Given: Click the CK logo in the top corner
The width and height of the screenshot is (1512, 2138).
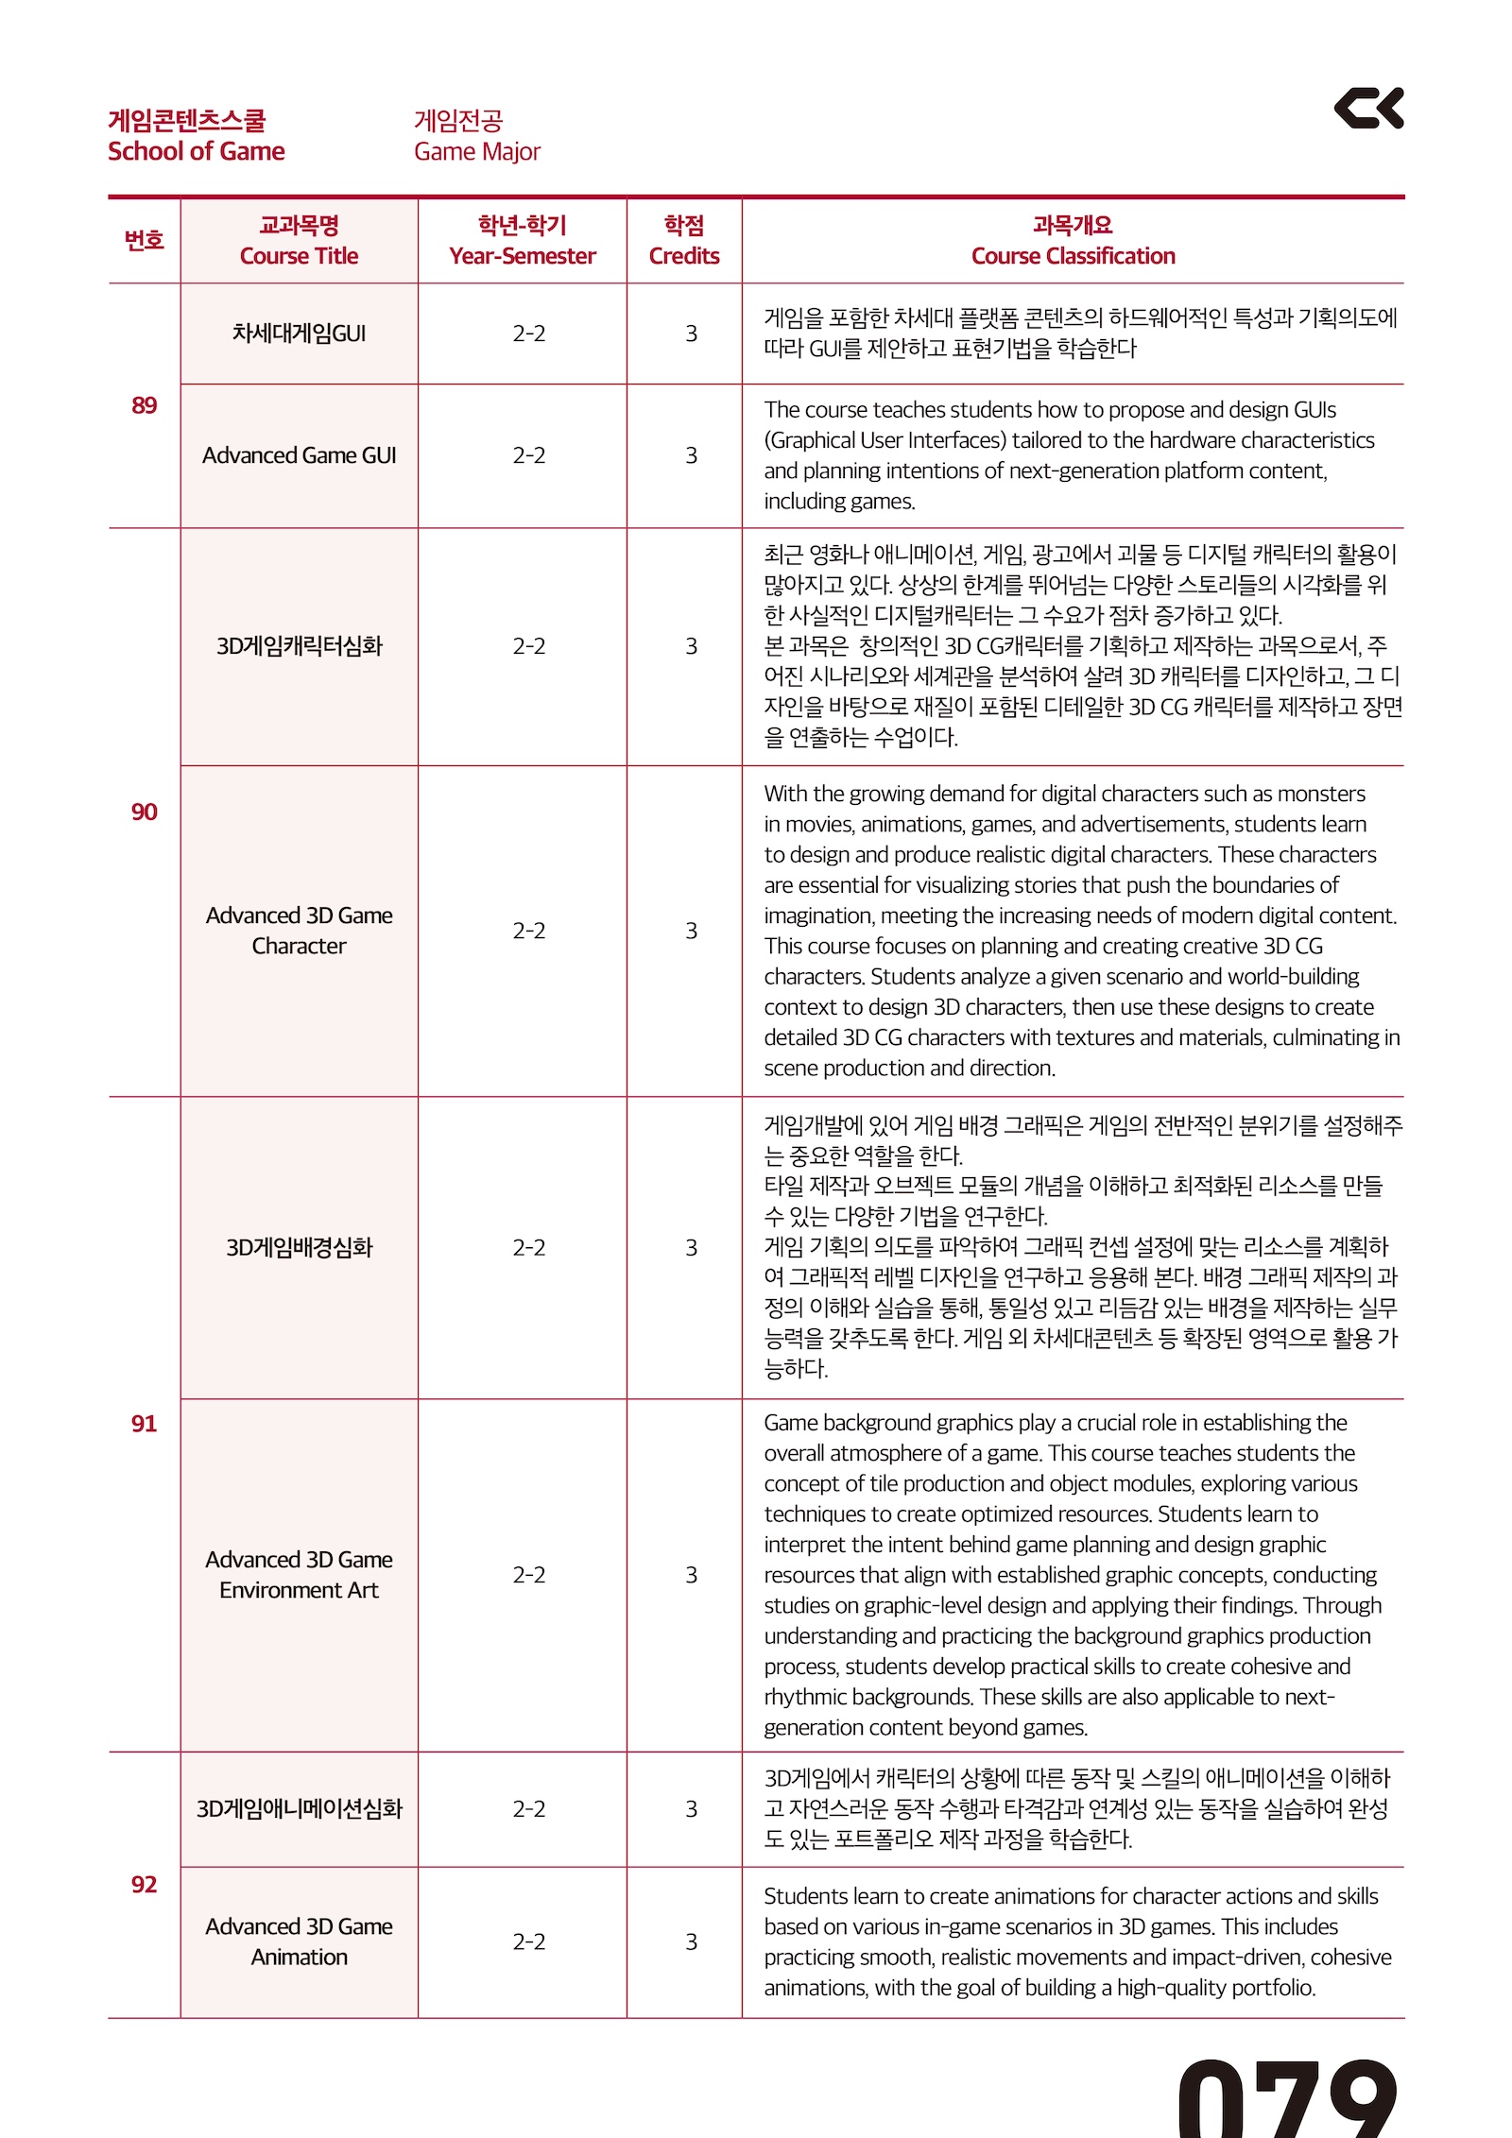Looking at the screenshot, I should (1367, 109).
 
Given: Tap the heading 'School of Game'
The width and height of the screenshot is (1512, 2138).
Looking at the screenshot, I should (196, 151).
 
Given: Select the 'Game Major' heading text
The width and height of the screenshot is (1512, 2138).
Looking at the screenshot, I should (476, 151).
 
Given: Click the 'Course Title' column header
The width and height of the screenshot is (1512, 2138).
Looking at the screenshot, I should (299, 256).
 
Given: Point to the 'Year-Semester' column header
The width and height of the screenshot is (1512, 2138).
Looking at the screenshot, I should (522, 256).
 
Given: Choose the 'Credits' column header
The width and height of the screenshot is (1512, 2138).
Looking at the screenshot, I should (683, 256).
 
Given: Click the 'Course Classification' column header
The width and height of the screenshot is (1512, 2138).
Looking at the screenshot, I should (1073, 256).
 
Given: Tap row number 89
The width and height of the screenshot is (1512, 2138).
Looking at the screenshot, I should (144, 405).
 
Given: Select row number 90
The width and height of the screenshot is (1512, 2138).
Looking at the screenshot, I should (144, 812).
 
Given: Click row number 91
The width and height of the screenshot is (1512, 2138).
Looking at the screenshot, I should (144, 1423).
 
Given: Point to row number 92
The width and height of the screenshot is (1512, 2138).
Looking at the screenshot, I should (144, 1884).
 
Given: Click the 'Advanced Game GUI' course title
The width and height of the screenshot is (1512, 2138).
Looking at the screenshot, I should (299, 455).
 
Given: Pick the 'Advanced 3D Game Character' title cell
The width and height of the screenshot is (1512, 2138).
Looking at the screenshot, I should (299, 931).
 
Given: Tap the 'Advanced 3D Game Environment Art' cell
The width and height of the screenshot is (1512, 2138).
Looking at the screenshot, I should (299, 1574).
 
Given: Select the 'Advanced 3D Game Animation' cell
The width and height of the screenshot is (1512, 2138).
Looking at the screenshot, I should (299, 1941).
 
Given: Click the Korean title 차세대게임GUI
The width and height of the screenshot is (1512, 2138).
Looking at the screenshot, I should (299, 334).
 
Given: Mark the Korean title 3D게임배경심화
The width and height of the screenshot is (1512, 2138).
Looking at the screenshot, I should (299, 1247).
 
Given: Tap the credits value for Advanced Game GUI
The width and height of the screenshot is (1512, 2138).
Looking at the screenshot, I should (691, 455).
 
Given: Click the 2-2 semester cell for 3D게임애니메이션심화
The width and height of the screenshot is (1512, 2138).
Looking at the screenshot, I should (528, 1808).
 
